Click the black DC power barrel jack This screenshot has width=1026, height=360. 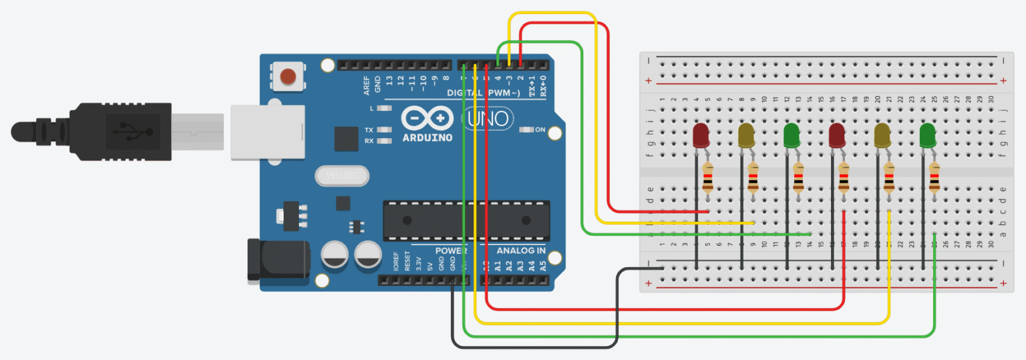[x=277, y=259]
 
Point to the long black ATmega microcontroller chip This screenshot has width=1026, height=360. [x=466, y=220]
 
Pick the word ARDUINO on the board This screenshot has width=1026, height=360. [x=427, y=138]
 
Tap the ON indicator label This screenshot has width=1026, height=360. [x=540, y=130]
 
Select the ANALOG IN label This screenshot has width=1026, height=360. [x=520, y=251]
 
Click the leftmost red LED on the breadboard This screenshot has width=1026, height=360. [x=701, y=135]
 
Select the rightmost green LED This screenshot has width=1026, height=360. [x=927, y=135]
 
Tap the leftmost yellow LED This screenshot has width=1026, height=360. [x=746, y=135]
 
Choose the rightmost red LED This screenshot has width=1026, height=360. [x=836, y=135]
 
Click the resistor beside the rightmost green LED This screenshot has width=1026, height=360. [x=934, y=180]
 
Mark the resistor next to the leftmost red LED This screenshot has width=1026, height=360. [x=708, y=180]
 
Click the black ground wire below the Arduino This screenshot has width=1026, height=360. [x=534, y=347]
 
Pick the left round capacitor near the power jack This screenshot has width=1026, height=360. [x=334, y=255]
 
